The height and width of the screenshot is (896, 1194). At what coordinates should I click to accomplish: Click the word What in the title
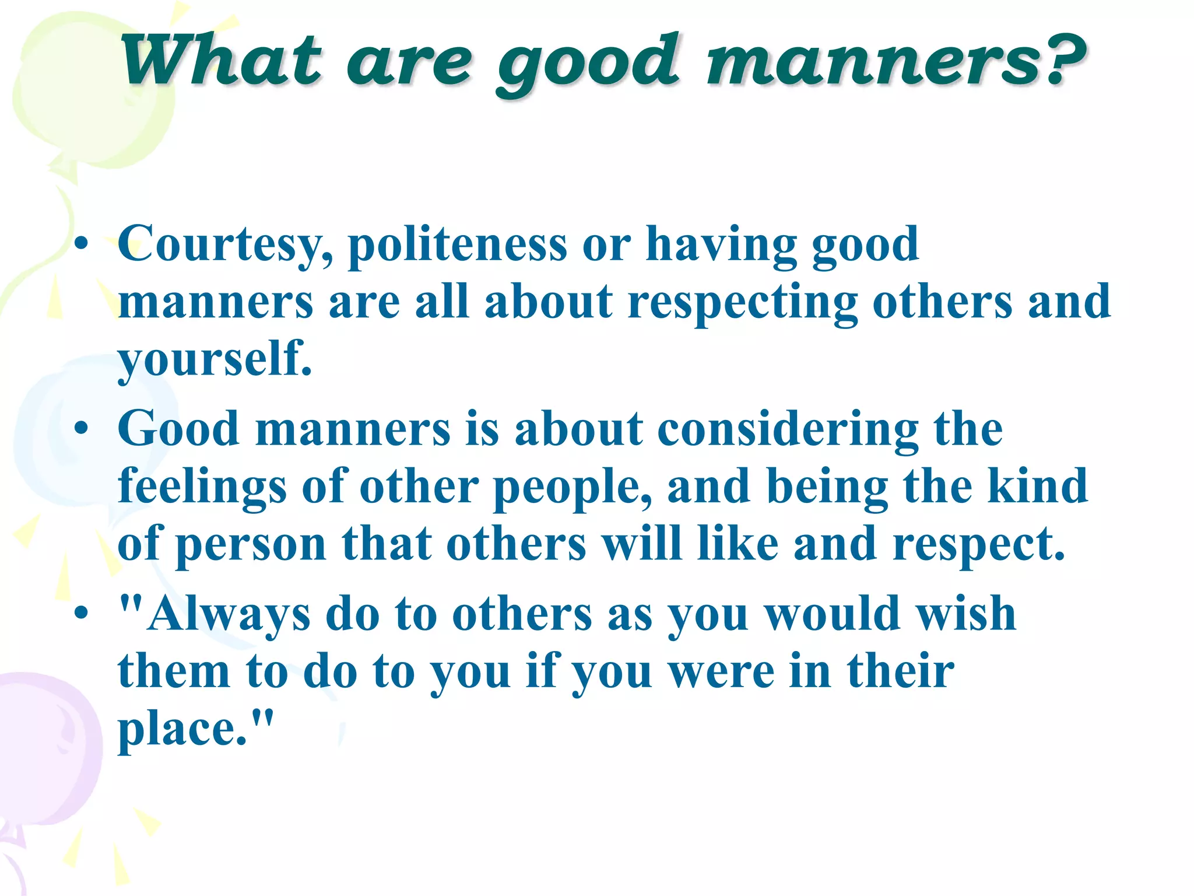pos(220,61)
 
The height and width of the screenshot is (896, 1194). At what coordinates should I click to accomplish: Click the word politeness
pos(457,244)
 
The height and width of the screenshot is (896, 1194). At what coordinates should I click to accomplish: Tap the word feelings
pos(202,487)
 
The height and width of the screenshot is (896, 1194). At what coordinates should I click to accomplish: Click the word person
pos(251,545)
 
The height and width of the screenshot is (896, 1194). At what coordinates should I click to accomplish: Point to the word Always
pos(228,615)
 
